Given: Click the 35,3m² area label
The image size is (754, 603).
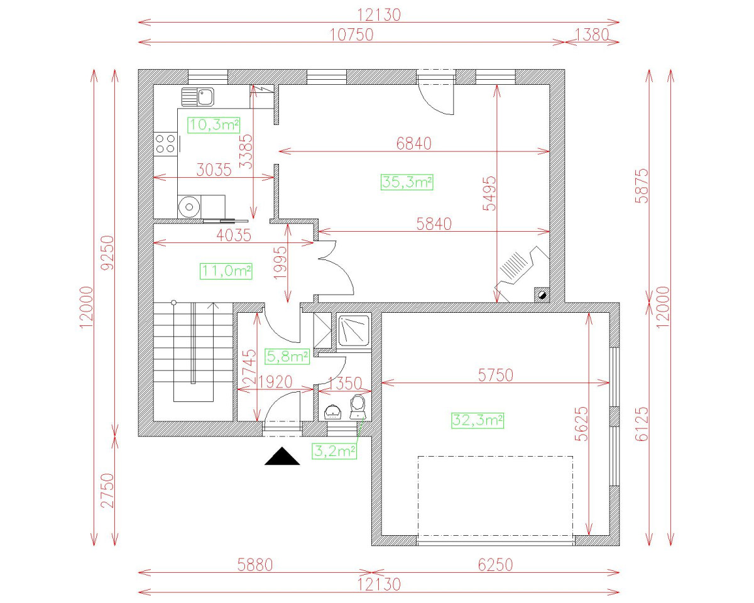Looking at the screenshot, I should click(x=407, y=182).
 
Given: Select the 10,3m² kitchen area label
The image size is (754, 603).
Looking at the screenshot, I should click(x=214, y=124).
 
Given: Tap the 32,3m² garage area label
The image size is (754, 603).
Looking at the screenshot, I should click(x=478, y=420).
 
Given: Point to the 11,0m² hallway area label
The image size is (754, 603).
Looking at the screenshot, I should click(x=226, y=271).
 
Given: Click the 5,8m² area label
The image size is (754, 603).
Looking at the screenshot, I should click(x=288, y=357).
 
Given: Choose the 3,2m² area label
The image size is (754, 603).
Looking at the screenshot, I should click(x=335, y=450).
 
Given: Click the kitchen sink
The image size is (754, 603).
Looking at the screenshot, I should click(x=198, y=97).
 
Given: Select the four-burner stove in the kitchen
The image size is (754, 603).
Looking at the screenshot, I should click(x=166, y=143).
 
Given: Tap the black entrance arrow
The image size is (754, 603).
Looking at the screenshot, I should click(x=282, y=457).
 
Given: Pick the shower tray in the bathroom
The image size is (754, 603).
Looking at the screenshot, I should click(x=354, y=330).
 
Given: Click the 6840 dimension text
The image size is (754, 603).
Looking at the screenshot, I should click(x=414, y=143).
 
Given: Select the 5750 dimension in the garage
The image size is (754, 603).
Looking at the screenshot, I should click(x=496, y=375).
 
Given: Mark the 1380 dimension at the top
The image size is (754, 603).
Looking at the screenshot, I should click(x=592, y=35).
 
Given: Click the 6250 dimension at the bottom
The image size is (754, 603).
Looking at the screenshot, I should click(x=495, y=565).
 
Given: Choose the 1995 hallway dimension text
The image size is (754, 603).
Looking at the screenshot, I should click(x=280, y=263).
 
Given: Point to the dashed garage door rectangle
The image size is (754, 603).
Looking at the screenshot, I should click(x=495, y=496).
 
